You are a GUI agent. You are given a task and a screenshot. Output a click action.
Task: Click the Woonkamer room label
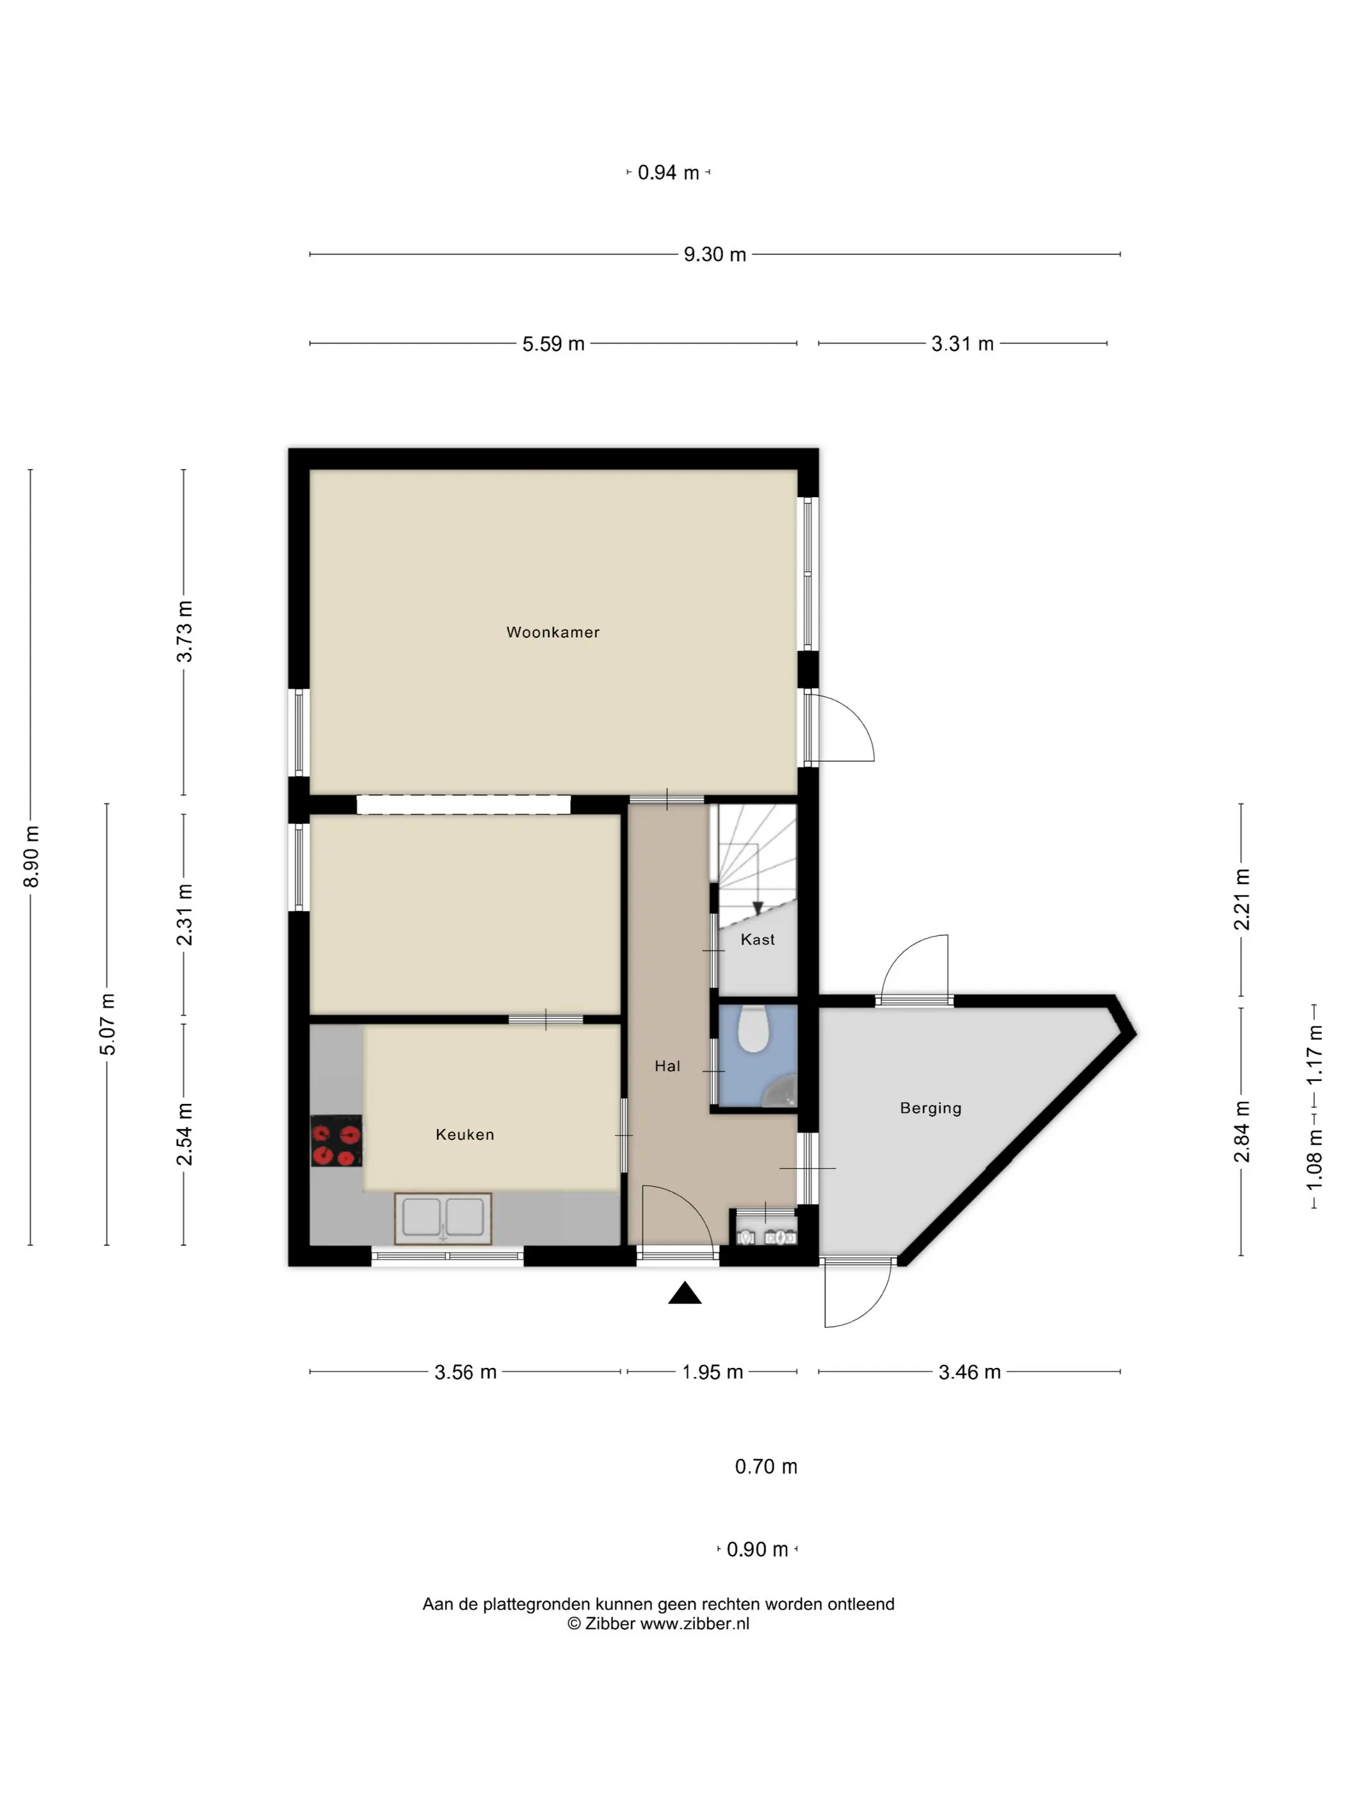click(553, 632)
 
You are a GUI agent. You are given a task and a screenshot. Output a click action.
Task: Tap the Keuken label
click(464, 1135)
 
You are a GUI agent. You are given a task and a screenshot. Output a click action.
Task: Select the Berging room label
click(931, 1108)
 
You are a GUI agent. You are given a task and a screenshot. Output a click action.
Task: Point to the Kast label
click(757, 939)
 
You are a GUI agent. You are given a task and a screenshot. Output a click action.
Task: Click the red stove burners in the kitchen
click(336, 1141)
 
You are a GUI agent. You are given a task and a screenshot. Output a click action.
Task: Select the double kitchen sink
click(443, 1217)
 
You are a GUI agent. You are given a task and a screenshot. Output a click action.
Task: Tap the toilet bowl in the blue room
click(753, 1028)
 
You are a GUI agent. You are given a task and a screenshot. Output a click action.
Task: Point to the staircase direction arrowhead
click(757, 909)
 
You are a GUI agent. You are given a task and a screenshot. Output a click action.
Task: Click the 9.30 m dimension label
click(714, 254)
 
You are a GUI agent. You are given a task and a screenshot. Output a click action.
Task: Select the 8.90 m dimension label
click(31, 857)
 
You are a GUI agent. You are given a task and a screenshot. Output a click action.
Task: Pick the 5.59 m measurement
click(553, 344)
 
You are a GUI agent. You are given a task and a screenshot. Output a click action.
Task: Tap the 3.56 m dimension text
click(466, 1372)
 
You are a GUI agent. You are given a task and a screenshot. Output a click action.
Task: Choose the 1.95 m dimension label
click(712, 1372)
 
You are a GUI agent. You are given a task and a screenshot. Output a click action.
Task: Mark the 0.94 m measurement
click(668, 173)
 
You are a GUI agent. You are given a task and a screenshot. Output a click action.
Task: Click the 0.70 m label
click(766, 1467)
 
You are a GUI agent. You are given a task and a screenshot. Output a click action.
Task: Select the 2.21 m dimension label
click(1241, 900)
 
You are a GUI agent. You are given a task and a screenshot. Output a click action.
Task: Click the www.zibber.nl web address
click(695, 1624)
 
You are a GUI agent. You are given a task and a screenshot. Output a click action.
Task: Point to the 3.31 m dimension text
click(963, 344)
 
